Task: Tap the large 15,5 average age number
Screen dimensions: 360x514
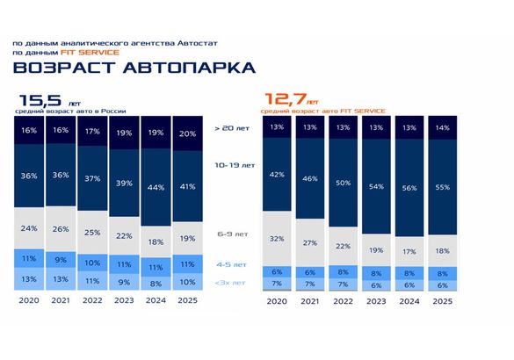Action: coord(40,102)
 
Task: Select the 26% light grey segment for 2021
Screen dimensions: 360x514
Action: coord(59,229)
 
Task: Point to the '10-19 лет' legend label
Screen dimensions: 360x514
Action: coord(233,165)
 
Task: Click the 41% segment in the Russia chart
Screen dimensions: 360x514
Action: coord(186,185)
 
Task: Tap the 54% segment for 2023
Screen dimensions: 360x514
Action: coord(377,187)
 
